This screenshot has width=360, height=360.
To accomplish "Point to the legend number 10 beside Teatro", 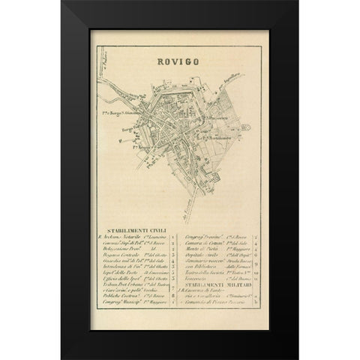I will [255, 271].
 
